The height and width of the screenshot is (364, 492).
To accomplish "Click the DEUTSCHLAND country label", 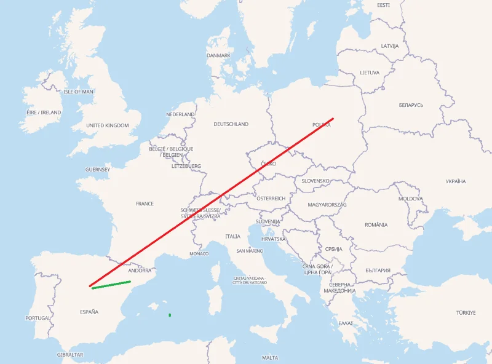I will tap(231, 124).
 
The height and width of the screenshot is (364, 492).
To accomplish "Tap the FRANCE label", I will tap(145, 204).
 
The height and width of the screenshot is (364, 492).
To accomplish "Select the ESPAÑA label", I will tap(89, 312).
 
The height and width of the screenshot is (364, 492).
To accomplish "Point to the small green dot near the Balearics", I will tap(170, 315).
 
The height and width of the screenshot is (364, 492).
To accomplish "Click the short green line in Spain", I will tap(111, 285).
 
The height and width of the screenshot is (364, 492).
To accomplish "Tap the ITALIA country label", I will tap(233, 236).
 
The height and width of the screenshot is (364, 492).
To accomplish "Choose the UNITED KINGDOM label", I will tap(108, 125).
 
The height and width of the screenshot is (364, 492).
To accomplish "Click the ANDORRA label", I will tap(140, 271).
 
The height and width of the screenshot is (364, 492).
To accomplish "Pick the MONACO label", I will tap(199, 253).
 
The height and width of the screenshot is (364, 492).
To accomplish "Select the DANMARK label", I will tap(218, 55).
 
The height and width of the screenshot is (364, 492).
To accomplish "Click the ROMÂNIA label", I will tap(376, 225).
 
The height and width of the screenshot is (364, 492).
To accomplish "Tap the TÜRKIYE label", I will tap(466, 313).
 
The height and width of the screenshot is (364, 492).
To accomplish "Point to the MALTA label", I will tap(269, 358).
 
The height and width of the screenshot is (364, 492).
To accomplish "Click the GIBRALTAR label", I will tap(69, 355).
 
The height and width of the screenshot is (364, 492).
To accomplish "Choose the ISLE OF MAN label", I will tap(79, 92).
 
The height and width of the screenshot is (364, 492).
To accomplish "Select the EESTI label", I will tap(384, 5).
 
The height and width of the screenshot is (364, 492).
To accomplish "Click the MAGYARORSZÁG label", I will tap(327, 204).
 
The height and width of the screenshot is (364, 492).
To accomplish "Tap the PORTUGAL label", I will tap(38, 318).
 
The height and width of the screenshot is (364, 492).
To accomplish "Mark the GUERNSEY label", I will tap(98, 169).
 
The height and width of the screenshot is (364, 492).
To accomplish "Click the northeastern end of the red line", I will tap(333, 119).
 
